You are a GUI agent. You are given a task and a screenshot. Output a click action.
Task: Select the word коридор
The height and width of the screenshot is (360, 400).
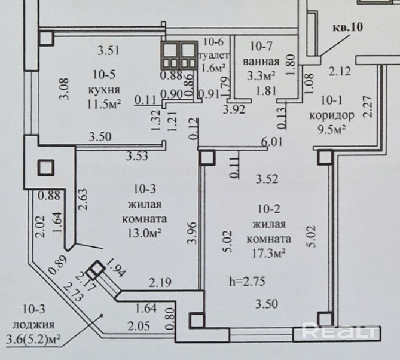332,115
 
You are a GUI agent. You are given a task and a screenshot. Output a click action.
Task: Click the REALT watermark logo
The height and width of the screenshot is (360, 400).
338,331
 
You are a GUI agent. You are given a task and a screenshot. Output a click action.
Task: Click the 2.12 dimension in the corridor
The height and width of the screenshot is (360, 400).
340,72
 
